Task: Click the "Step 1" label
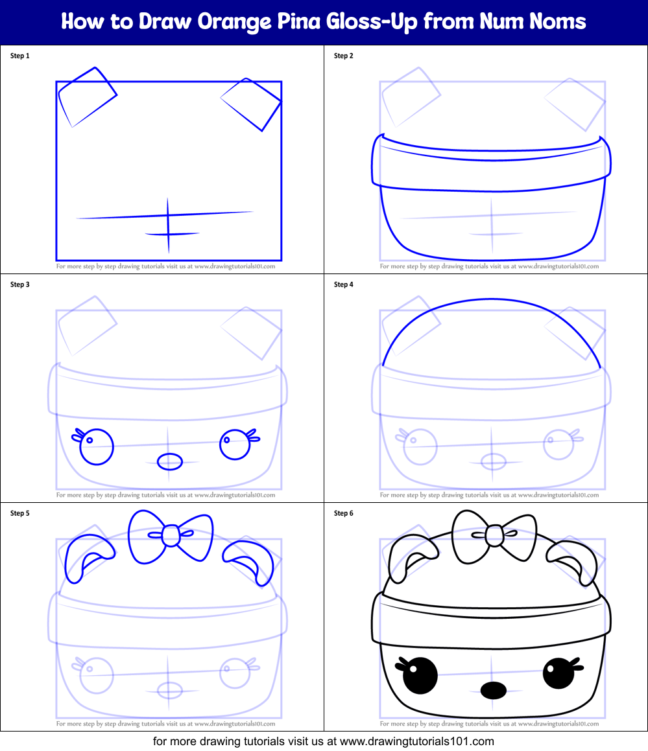point(20,56)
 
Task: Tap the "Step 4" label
point(344,284)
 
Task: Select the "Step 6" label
point(344,513)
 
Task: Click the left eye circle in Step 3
point(97,447)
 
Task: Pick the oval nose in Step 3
point(170,461)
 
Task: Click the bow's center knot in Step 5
point(169,535)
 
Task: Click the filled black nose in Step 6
point(494,690)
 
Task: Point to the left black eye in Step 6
point(420,675)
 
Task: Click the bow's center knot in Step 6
point(494,535)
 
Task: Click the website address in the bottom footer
point(416,741)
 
